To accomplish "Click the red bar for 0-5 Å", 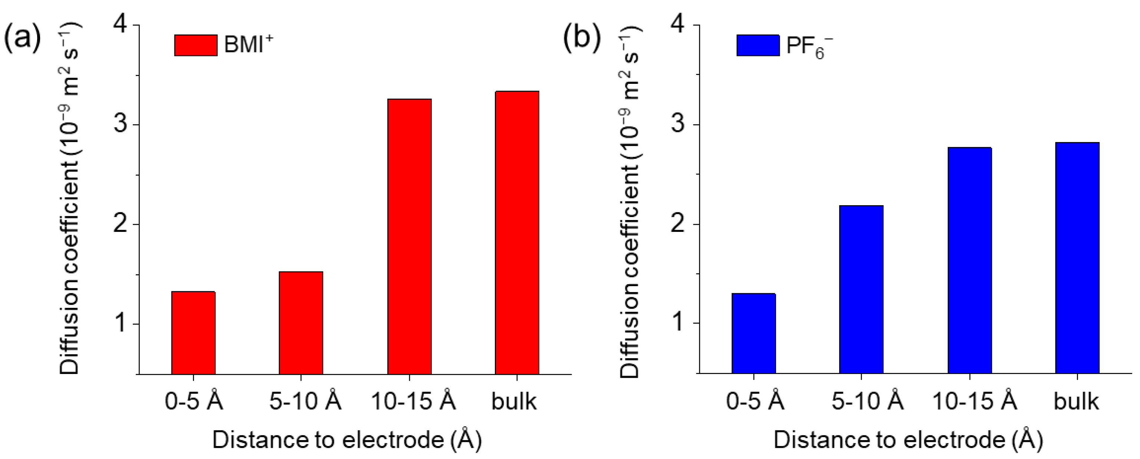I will pos(193,333).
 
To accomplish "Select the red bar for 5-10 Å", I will pos(301,323).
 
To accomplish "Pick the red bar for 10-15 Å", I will pos(409,237).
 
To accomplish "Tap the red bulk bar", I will pos(517,233).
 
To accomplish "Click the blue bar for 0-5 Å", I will pos(754,333).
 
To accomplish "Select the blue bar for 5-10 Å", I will pos(861,289).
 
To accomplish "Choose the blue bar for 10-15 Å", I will pos(970,261).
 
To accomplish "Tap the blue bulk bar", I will pos(1077,258).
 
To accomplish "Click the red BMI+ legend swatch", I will pos(196,45).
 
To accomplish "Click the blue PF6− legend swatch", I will pos(758,45).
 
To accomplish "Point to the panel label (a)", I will pos(22,37).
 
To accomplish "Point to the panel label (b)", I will pos(582,37).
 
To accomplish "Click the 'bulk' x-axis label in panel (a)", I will pos(514,401).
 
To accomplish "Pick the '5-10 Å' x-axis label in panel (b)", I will pos(867,401).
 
